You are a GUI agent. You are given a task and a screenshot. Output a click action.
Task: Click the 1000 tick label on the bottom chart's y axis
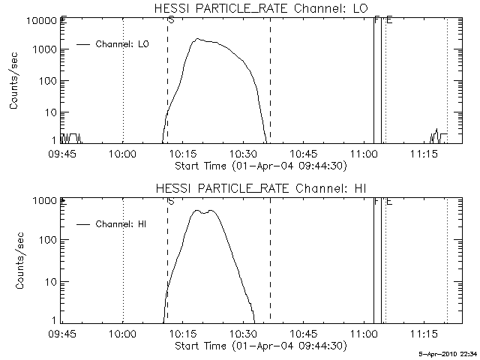coord(43,201)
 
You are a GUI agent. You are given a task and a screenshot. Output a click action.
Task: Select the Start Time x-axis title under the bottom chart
coord(259,346)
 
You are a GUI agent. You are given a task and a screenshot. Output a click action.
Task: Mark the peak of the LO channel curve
coord(197,39)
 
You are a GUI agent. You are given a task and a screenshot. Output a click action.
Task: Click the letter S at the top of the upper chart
coord(171,20)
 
